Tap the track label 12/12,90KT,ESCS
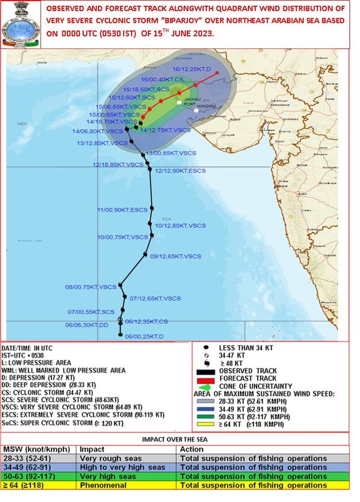[181, 170]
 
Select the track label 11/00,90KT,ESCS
[122, 210]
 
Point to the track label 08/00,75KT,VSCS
[90, 287]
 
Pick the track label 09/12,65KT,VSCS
[175, 256]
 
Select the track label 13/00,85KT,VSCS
[171, 153]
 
